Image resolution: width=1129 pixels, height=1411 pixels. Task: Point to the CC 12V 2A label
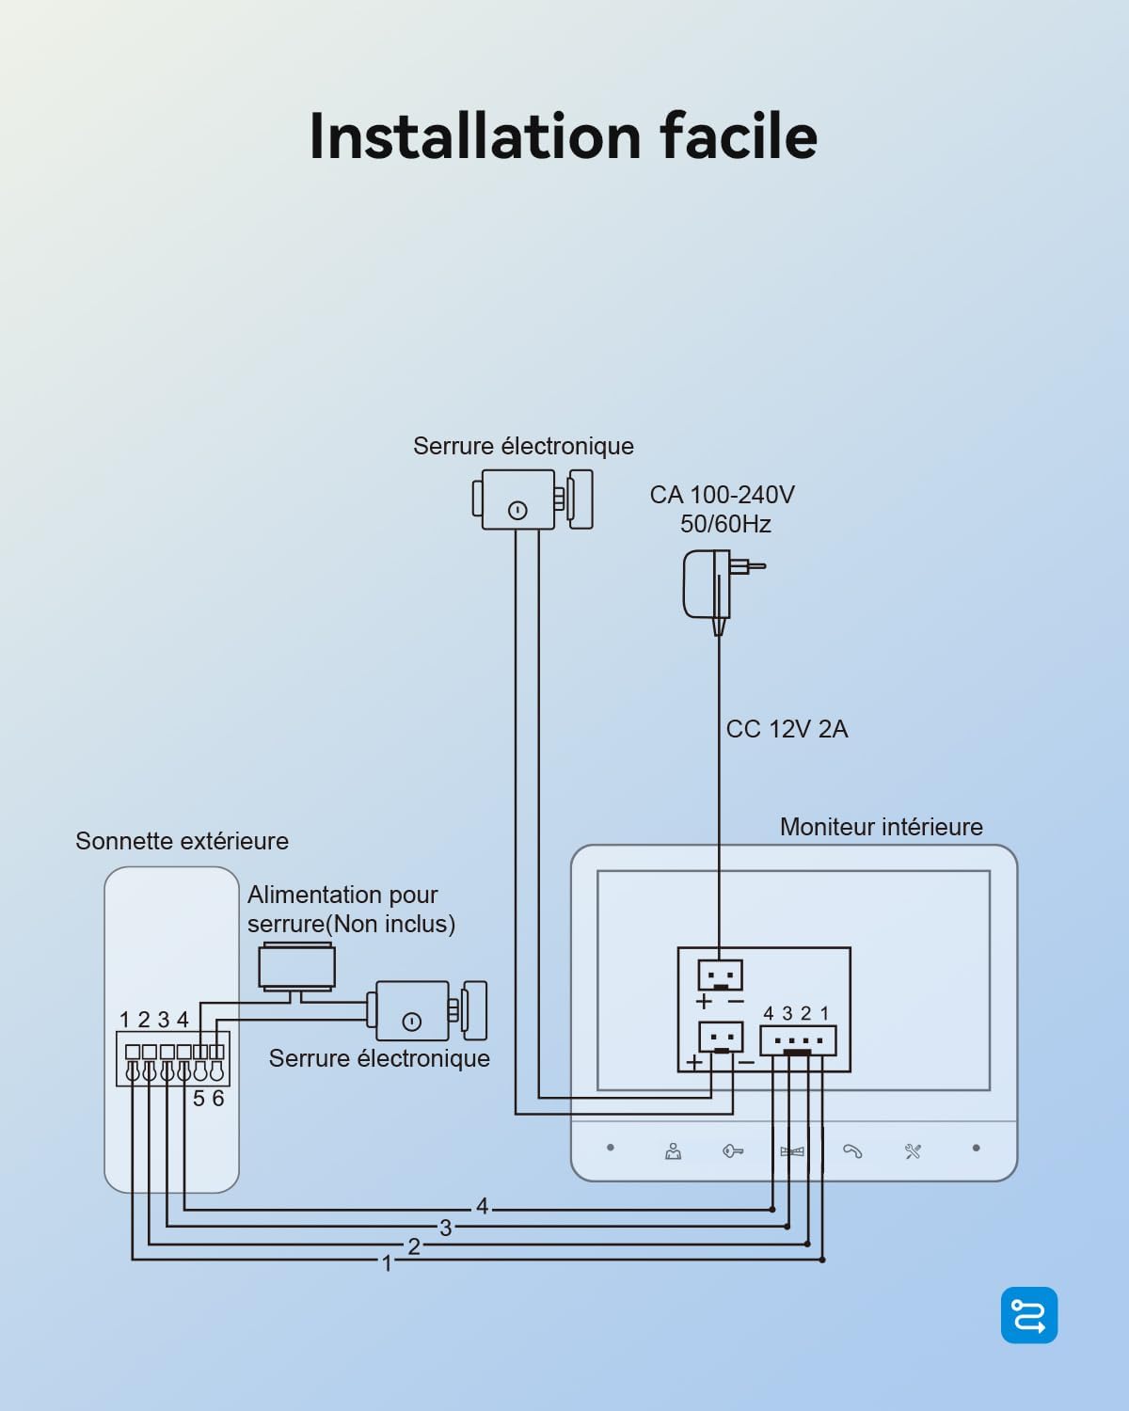click(x=787, y=729)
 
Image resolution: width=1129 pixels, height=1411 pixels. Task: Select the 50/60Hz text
click(x=725, y=524)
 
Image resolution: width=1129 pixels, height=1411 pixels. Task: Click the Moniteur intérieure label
click(x=881, y=827)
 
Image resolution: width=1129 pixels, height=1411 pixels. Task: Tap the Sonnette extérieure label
click(x=182, y=841)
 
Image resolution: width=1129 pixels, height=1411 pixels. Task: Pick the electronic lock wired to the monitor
click(x=533, y=499)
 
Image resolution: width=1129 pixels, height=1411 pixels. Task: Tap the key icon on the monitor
click(x=733, y=1151)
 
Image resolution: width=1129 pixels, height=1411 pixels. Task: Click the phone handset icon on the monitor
click(x=852, y=1152)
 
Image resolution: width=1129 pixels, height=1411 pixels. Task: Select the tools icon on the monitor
click(x=913, y=1151)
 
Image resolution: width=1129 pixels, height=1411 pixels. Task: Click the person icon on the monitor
click(x=673, y=1151)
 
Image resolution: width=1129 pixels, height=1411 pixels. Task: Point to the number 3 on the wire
click(x=446, y=1229)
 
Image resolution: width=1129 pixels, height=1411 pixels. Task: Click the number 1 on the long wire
click(x=387, y=1263)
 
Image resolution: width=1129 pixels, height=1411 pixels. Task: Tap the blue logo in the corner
click(x=1028, y=1315)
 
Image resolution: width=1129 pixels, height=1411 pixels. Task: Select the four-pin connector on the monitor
click(x=798, y=1040)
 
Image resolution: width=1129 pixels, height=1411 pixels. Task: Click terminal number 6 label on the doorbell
click(x=218, y=1099)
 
